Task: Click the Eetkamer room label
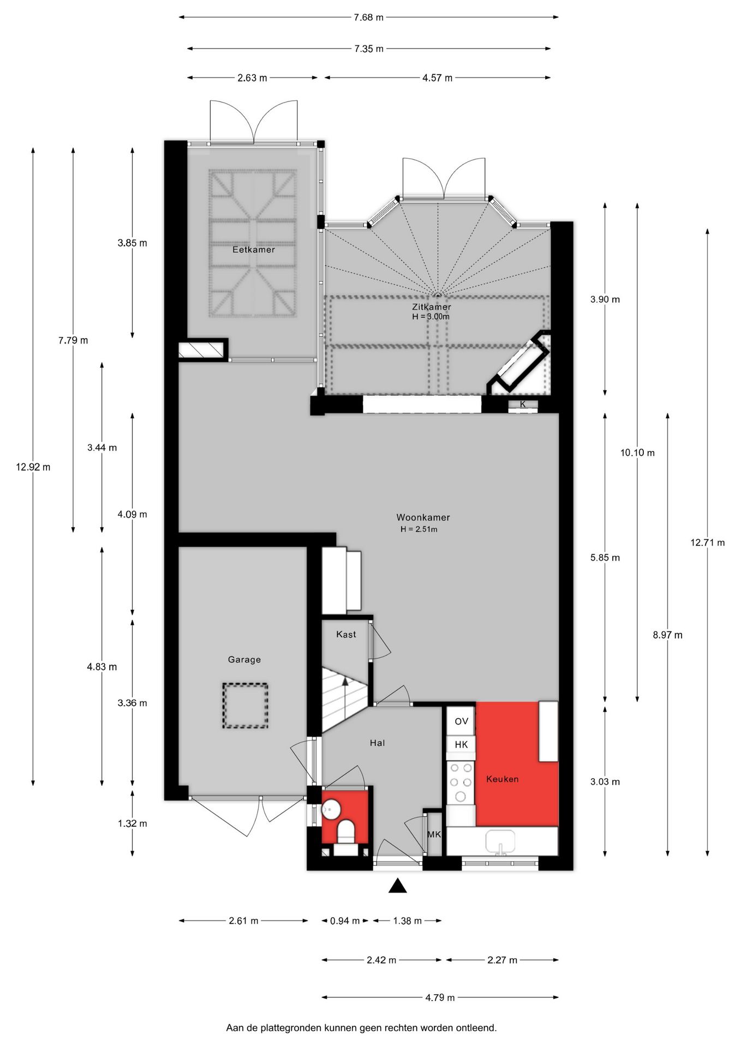point(254,250)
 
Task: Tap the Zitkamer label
point(431,307)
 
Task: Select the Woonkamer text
point(423,517)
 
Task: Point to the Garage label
point(244,659)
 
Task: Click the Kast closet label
point(346,634)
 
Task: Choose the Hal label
point(377,743)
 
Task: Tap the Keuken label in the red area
point(502,779)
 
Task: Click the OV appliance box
point(461,721)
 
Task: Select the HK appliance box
point(461,744)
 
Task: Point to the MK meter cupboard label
point(434,834)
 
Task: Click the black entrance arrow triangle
point(398,886)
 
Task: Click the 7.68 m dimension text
point(368,17)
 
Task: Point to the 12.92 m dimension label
point(33,467)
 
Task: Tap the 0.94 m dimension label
point(345,920)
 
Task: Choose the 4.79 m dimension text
point(440,997)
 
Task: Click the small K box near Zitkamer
point(523,405)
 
